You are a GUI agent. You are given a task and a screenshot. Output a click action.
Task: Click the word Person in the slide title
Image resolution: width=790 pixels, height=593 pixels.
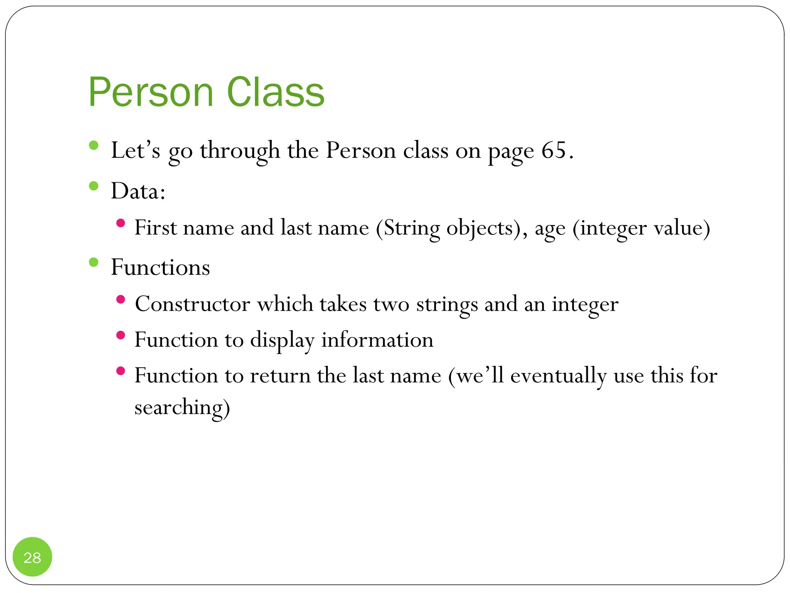[x=150, y=93]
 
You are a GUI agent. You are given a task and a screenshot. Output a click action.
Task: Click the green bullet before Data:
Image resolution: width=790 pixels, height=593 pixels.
[x=94, y=186]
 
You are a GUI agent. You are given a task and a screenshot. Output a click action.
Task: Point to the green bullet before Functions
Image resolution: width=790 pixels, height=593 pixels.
[x=94, y=263]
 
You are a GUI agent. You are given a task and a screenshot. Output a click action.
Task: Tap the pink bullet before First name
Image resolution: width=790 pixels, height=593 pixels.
[x=121, y=223]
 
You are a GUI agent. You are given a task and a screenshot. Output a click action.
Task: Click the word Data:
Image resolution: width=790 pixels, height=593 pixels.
[x=138, y=191]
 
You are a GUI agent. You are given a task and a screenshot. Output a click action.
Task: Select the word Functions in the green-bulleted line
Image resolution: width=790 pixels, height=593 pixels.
[x=160, y=267]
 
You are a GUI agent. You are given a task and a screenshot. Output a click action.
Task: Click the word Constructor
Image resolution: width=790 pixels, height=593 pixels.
[x=192, y=304]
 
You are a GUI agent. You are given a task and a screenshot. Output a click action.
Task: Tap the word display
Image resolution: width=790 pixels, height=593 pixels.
[x=282, y=341]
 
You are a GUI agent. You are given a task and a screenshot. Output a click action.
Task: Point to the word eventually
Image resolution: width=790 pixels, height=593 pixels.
[x=558, y=376]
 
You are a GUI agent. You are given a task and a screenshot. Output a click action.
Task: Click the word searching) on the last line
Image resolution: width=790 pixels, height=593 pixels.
[x=182, y=408]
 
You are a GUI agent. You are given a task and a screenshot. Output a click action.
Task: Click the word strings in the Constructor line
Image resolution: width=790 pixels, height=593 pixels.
[x=447, y=304]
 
